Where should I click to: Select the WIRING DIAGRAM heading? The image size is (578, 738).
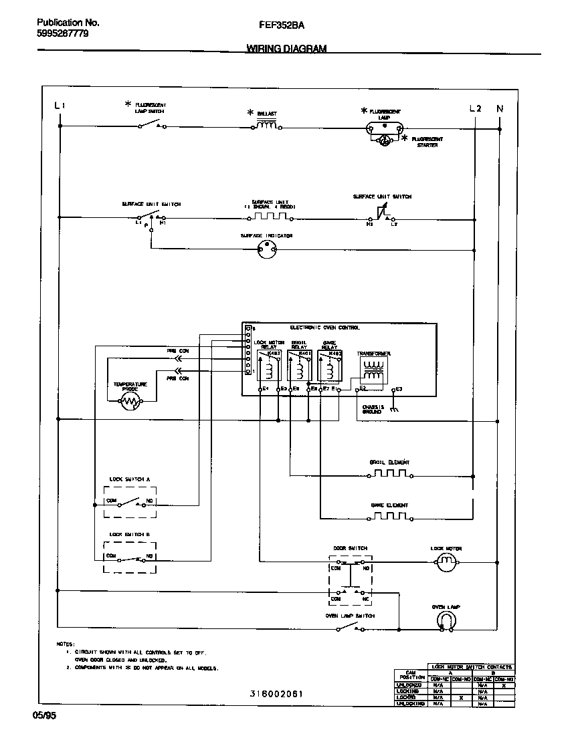[286, 49]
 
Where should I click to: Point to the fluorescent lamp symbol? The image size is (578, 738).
[384, 126]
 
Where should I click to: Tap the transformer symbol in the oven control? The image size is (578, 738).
[373, 370]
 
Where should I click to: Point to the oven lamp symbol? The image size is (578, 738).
[446, 622]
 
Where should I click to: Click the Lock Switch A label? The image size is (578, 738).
[130, 479]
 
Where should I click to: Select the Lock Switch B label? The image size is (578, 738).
[130, 534]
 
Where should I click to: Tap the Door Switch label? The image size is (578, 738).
[351, 548]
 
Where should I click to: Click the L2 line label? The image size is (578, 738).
[475, 108]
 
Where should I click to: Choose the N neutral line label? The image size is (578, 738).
[499, 108]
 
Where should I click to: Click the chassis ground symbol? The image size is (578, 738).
[394, 409]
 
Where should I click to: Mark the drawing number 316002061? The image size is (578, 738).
[276, 694]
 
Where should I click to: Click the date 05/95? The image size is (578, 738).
[43, 715]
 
